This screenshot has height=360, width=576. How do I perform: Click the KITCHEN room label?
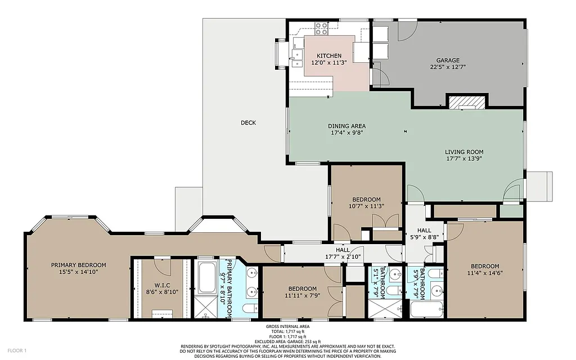[329, 56]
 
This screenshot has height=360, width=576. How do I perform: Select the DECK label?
[248, 123]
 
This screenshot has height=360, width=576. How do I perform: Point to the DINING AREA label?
[347, 126]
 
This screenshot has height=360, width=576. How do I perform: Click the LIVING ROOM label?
[464, 152]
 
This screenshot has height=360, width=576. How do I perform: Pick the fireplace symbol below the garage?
[466, 102]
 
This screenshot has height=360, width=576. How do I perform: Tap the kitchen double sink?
[296, 56]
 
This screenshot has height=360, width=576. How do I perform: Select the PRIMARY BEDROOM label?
[78, 265]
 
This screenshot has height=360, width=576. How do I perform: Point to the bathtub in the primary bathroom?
[207, 277]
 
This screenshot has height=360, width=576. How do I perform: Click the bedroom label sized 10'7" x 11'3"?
[366, 200]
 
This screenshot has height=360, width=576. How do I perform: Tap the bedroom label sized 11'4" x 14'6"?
[485, 266]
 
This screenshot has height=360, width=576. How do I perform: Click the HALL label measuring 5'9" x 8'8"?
[424, 231]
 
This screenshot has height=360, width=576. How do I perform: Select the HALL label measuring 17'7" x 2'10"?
[343, 250]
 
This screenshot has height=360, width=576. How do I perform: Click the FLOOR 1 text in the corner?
[17, 350]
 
